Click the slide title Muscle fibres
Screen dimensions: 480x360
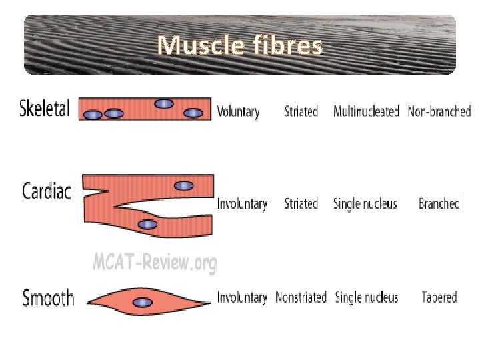click(240, 45)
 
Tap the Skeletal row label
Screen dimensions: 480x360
click(45, 109)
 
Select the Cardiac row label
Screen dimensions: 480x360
click(47, 191)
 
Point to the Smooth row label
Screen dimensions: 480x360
click(48, 297)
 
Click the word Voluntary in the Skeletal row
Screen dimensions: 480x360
click(239, 111)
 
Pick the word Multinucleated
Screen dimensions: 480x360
click(366, 111)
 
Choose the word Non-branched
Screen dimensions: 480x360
click(439, 111)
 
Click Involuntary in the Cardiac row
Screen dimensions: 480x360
click(242, 204)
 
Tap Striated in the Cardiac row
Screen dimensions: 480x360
click(301, 203)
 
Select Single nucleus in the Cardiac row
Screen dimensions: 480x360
click(365, 203)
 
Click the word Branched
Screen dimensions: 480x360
click(439, 203)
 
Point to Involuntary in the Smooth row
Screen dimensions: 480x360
click(242, 297)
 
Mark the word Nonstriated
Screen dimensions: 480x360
click(301, 297)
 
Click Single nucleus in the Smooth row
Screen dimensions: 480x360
click(366, 297)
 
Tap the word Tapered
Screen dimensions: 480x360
click(439, 297)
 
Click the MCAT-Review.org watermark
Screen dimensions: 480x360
click(155, 263)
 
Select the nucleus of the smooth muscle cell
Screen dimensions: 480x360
click(142, 303)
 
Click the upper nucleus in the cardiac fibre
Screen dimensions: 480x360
click(184, 186)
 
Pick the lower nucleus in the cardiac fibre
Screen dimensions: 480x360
click(147, 225)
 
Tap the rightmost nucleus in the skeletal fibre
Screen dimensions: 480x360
click(193, 113)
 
